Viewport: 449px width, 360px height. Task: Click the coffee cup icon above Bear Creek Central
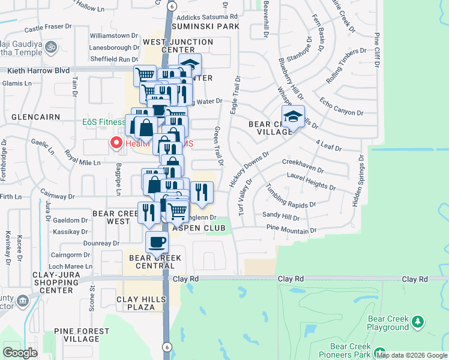click(157, 242)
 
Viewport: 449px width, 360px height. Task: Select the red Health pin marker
click(115, 143)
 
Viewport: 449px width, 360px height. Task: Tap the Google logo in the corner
click(20, 353)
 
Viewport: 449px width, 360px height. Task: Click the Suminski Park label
click(205, 27)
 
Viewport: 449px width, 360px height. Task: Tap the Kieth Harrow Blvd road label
click(37, 70)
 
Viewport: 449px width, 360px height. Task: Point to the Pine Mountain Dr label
click(291, 230)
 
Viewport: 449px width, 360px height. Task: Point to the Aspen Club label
click(198, 228)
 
